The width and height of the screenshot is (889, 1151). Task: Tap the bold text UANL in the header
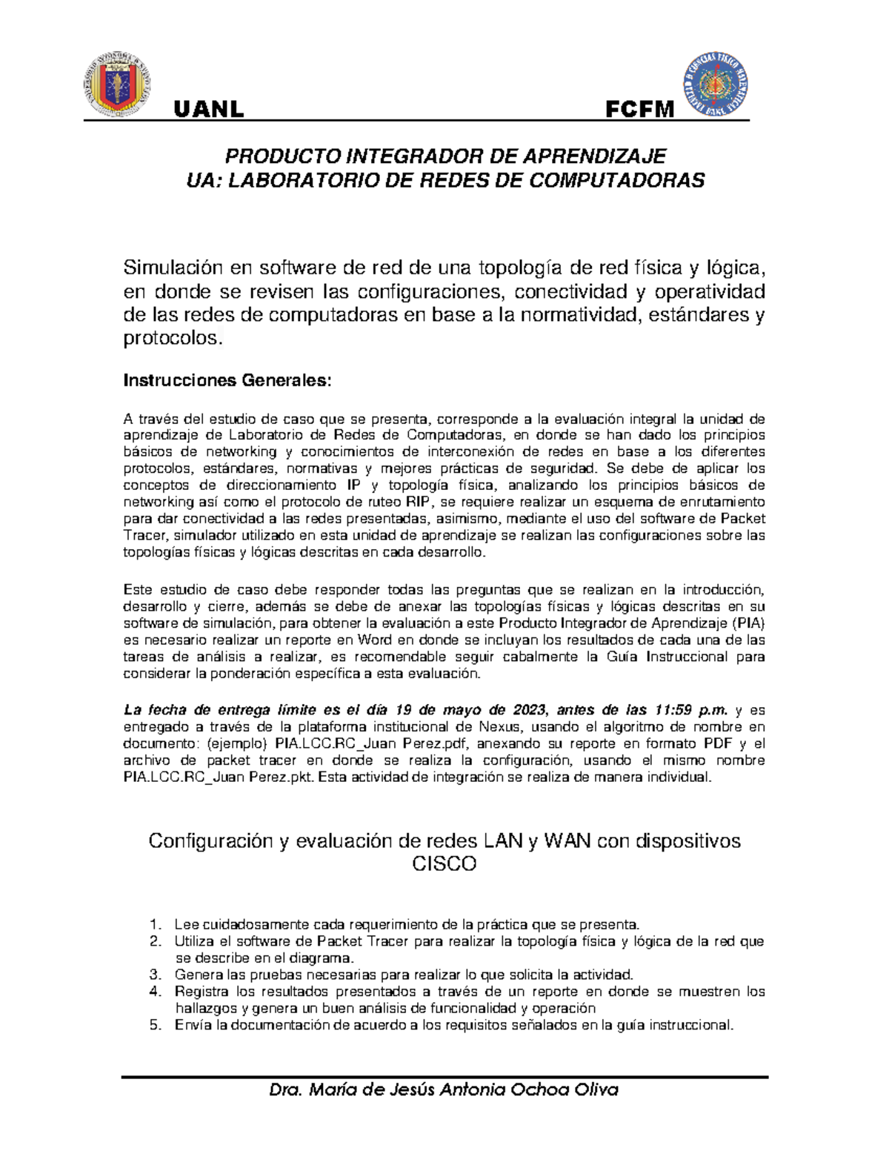(208, 110)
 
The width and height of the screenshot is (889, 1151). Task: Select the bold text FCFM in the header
(640, 110)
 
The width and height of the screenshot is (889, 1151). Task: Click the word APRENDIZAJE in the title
(597, 156)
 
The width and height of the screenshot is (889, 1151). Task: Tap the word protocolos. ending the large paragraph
(172, 339)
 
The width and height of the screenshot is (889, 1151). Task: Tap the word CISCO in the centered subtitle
(444, 864)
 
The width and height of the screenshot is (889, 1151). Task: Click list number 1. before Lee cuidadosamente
(155, 924)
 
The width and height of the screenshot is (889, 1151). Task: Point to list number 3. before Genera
(155, 975)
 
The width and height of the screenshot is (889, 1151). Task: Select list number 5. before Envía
(155, 1025)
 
